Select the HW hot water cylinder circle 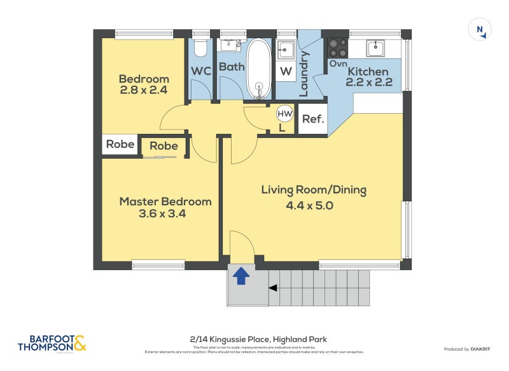(x=284, y=114)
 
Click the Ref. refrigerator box (x=313, y=119)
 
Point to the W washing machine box (x=286, y=71)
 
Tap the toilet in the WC (x=201, y=48)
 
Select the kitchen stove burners (x=337, y=48)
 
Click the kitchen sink (x=375, y=48)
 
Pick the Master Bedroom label (x=165, y=201)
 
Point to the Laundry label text (x=303, y=74)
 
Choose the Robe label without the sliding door (x=120, y=144)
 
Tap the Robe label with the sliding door (x=164, y=146)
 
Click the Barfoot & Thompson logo (x=52, y=344)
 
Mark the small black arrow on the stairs (x=273, y=288)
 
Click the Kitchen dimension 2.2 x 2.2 (x=369, y=82)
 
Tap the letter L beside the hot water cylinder (x=282, y=127)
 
